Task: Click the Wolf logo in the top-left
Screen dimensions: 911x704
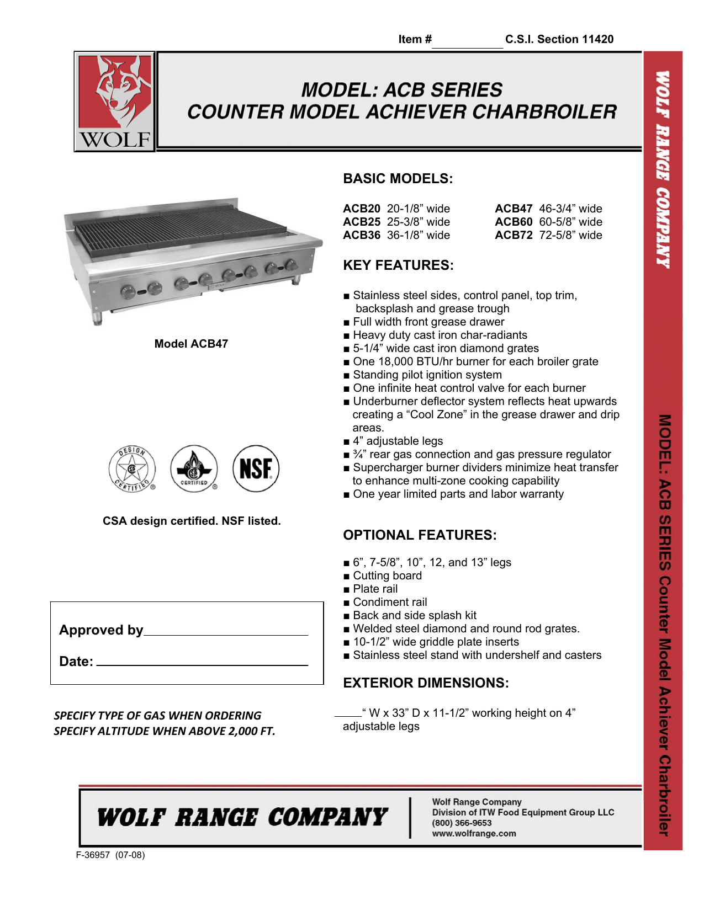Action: (x=115, y=102)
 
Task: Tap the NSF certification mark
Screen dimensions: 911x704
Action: (x=256, y=469)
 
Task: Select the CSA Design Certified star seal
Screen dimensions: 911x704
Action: (x=132, y=469)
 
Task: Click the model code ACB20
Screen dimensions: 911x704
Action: (x=362, y=209)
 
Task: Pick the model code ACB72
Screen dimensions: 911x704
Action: (x=514, y=235)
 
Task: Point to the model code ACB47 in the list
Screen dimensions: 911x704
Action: (x=514, y=209)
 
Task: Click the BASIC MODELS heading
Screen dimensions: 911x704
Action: (x=398, y=179)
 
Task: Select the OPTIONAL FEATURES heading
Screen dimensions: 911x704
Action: (x=420, y=535)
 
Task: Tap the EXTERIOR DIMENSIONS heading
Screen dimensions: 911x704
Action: (x=426, y=683)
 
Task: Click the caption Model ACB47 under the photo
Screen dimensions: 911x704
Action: (x=191, y=344)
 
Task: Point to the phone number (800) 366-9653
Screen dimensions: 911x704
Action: (x=462, y=823)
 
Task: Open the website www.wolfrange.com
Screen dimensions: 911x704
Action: (x=474, y=833)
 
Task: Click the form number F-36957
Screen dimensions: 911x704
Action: (x=93, y=855)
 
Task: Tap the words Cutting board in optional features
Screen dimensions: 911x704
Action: (x=387, y=576)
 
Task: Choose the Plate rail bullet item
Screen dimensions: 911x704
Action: (x=375, y=589)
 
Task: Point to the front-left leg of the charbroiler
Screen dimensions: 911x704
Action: (x=97, y=318)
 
